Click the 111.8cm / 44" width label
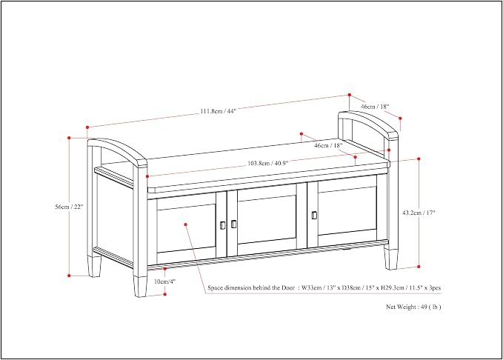pyautogui.click(x=218, y=111)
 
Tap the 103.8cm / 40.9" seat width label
pyautogui.click(x=268, y=163)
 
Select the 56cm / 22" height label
pyautogui.click(x=69, y=207)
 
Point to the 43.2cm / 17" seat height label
pyautogui.click(x=419, y=213)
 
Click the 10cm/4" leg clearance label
pyautogui.click(x=165, y=281)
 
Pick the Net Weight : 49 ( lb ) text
pyautogui.click(x=413, y=307)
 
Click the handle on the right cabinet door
pyautogui.click(x=314, y=216)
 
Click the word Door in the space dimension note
pyautogui.click(x=288, y=288)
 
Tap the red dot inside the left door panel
pyautogui.click(x=185, y=224)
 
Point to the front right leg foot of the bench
pyautogui.click(x=390, y=259)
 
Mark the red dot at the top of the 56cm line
pyautogui.click(x=69, y=138)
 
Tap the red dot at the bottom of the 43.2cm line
pyautogui.click(x=419, y=267)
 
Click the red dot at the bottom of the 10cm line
pyautogui.click(x=165, y=294)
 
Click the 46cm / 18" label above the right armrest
pyautogui.click(x=375, y=107)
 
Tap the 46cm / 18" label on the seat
pyautogui.click(x=328, y=145)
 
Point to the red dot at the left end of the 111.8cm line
pyautogui.click(x=87, y=127)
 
